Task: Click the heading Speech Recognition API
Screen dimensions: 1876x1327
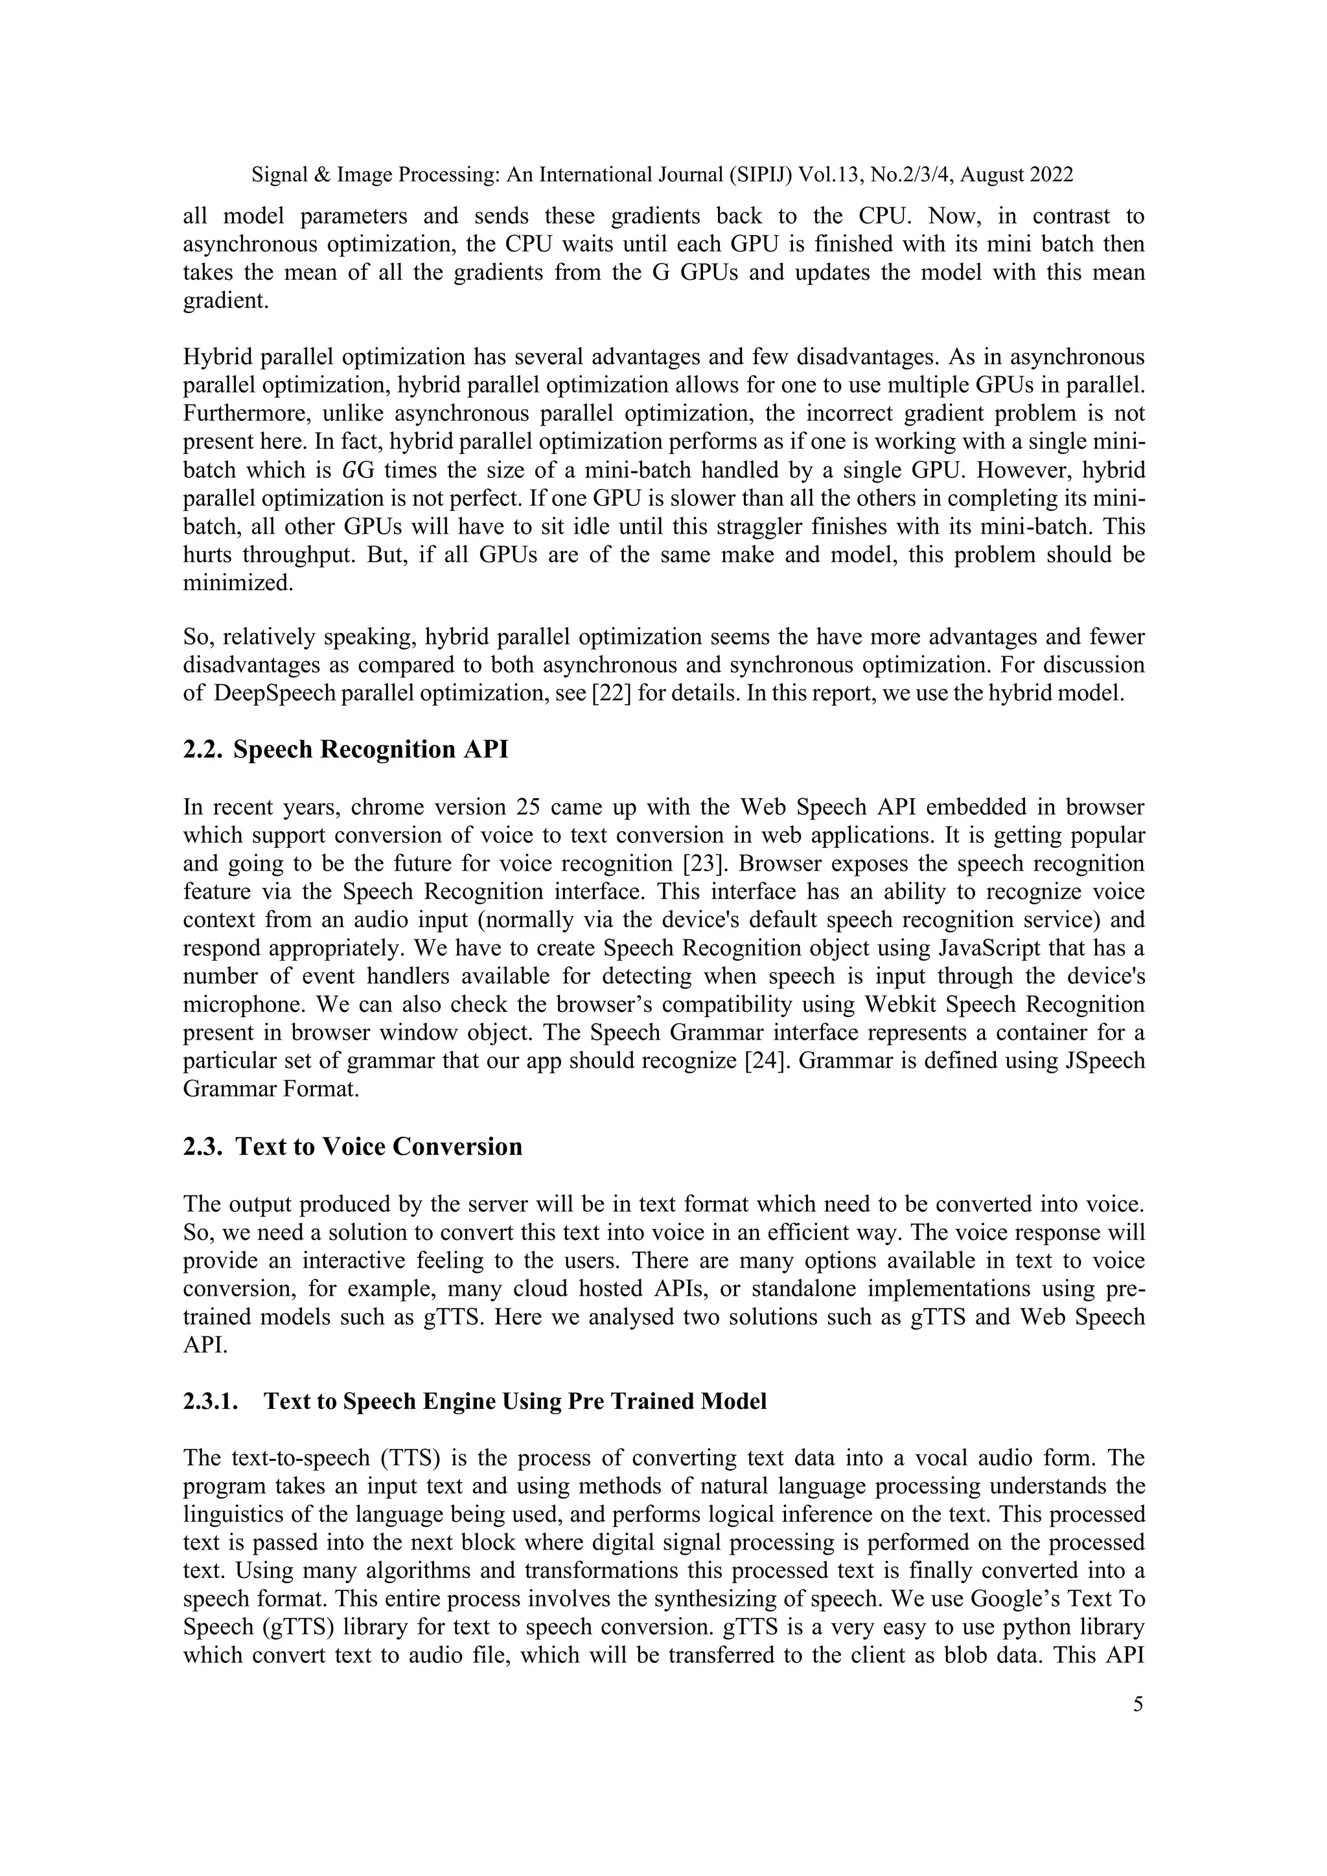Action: [x=370, y=749]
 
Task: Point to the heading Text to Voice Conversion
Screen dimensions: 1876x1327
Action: [x=378, y=1147]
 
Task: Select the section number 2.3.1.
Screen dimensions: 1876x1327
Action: [x=211, y=1402]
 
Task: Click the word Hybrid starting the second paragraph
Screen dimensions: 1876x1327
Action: [x=218, y=357]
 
